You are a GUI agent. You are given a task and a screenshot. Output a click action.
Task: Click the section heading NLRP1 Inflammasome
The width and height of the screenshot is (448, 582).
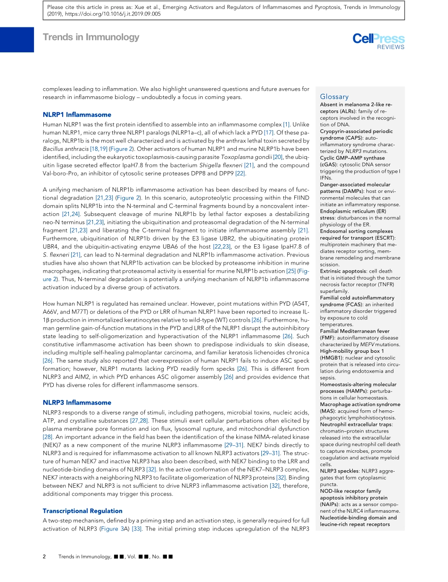(x=77, y=115)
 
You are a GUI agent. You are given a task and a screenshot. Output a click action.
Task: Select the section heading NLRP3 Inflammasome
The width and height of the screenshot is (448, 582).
(x=77, y=402)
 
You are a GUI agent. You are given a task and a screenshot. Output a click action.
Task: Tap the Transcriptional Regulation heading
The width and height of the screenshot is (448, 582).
(x=83, y=511)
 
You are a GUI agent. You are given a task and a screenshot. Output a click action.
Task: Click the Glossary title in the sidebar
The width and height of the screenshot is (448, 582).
(x=334, y=96)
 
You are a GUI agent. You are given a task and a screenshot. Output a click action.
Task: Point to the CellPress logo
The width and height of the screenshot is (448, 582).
(x=378, y=39)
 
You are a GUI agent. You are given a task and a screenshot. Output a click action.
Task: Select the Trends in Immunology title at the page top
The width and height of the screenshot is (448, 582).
(x=91, y=37)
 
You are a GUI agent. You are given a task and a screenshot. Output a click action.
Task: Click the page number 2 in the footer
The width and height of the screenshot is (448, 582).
(x=44, y=557)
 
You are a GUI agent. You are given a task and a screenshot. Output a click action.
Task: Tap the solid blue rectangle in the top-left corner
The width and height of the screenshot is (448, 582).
(x=17, y=39)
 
